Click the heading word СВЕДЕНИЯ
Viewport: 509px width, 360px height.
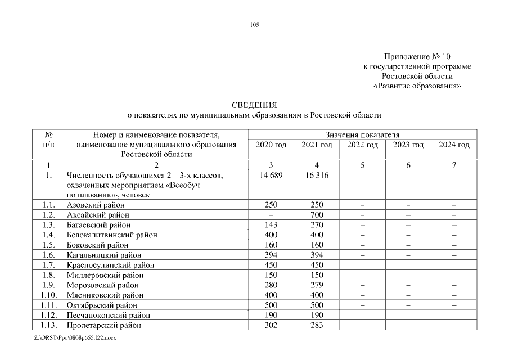point(254,105)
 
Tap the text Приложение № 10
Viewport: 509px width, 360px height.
point(417,57)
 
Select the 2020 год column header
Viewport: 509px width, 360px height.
point(271,145)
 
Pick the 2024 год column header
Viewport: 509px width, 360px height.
point(454,145)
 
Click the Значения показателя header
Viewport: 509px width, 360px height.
point(362,135)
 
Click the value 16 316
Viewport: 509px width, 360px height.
point(317,175)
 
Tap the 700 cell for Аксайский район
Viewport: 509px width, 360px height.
point(317,215)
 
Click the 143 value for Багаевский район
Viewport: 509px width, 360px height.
point(271,225)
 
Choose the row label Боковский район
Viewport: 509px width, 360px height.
point(97,245)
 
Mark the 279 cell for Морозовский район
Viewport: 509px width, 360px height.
point(317,285)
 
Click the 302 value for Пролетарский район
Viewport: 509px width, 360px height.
point(271,325)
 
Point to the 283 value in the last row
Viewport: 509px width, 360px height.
point(317,325)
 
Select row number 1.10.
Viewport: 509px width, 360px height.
point(49,295)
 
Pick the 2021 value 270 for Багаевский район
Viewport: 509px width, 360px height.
point(317,225)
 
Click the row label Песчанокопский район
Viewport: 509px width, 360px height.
point(108,315)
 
